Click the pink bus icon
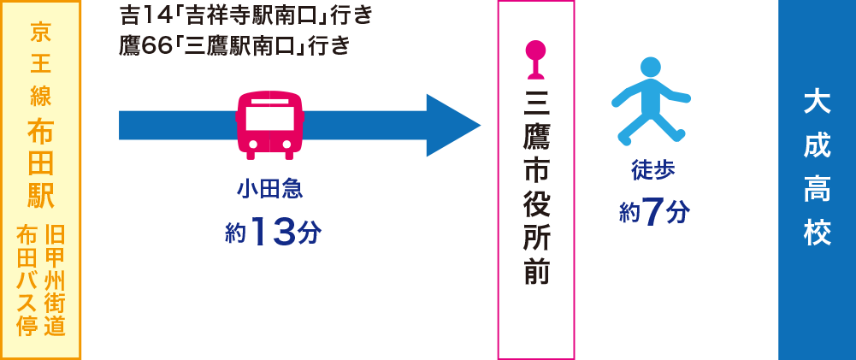(269, 125)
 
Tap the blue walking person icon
(651, 101)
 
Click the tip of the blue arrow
(481, 126)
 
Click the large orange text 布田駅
(41, 165)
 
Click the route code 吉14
(145, 16)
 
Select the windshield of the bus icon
(269, 117)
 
